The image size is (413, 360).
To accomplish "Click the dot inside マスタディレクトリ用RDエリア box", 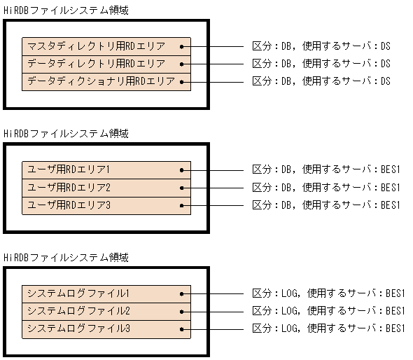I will [x=181, y=46].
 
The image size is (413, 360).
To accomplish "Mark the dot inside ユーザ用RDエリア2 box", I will [x=181, y=188].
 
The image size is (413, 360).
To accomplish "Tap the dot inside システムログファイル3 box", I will [x=181, y=328].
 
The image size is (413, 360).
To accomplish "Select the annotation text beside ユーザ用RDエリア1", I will [x=325, y=170].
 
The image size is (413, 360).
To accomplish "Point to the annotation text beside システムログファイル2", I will [x=328, y=311].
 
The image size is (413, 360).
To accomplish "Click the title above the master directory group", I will [x=66, y=10].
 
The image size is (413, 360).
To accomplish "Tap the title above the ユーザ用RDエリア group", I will [x=66, y=133].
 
